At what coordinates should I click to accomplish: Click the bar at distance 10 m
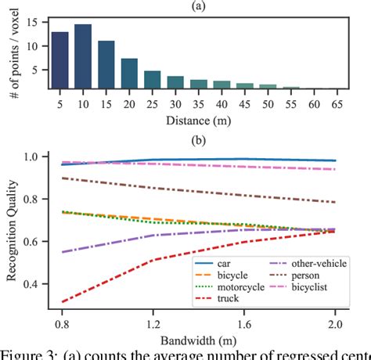pyautogui.click(x=83, y=56)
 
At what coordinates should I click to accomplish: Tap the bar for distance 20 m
pyautogui.click(x=130, y=74)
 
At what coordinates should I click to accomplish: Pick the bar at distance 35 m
pyautogui.click(x=200, y=85)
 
